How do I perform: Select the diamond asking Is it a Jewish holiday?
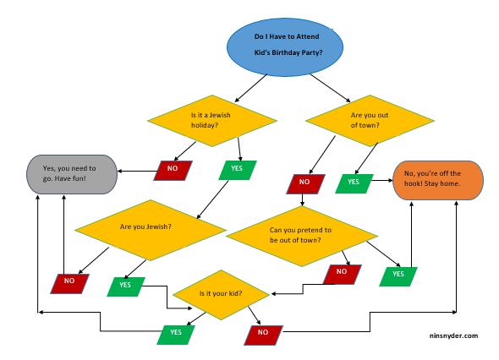click(x=212, y=120)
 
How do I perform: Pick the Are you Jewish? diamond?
click(x=151, y=227)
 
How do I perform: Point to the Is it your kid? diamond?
click(x=221, y=294)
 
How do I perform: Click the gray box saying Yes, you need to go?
click(x=71, y=173)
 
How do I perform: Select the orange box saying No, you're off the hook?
click(x=437, y=180)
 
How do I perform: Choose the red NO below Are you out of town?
click(x=304, y=183)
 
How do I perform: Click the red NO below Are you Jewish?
click(x=70, y=281)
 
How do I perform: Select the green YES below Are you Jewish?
click(x=125, y=286)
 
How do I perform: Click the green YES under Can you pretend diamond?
click(x=398, y=274)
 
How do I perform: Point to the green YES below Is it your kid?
click(x=177, y=333)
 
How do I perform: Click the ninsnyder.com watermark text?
click(x=453, y=335)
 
